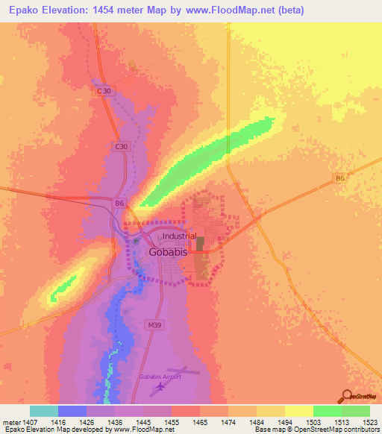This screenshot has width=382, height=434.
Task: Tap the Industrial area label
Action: (x=180, y=236)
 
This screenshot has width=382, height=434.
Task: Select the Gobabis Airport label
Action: (x=160, y=377)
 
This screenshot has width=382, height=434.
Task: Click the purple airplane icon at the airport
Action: (x=158, y=389)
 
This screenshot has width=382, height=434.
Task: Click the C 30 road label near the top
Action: (x=105, y=91)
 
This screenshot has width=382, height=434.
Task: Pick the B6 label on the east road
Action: (x=339, y=177)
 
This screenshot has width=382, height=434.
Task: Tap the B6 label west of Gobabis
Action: (x=119, y=202)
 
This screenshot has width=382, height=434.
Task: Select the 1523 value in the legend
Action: (x=371, y=422)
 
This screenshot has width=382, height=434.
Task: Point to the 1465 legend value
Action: (x=201, y=422)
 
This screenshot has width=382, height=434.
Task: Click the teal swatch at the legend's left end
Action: (x=44, y=411)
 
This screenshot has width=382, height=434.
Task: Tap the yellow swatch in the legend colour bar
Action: (x=298, y=411)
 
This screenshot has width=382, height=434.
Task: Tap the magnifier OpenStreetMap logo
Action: (x=348, y=396)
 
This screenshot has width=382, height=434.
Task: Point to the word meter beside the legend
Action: (x=12, y=422)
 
